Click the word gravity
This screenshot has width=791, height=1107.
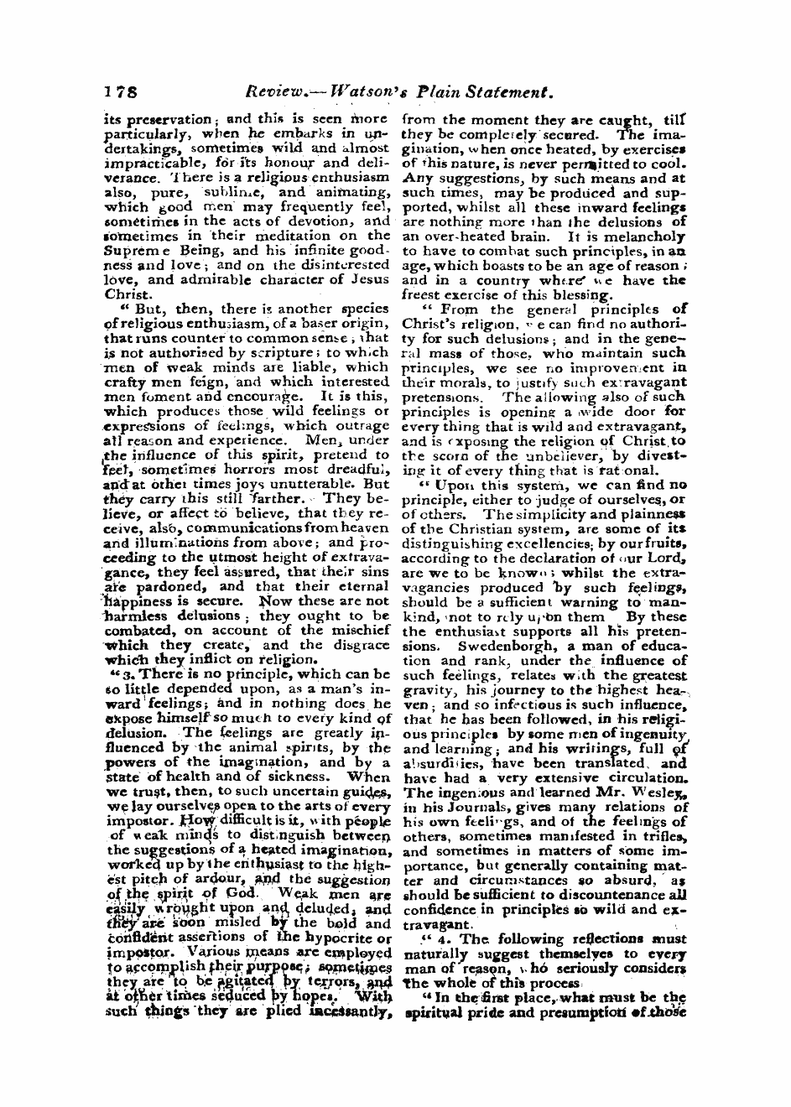(428, 689)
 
